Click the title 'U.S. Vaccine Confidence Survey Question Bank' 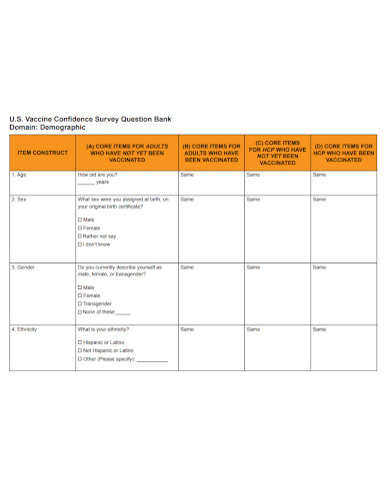(90, 119)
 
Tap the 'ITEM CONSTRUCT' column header (41, 152)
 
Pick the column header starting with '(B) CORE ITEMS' (210, 152)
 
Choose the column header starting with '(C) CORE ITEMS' (277, 152)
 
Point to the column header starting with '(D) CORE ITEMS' (343, 152)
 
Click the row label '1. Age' (19, 175)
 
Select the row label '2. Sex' (19, 200)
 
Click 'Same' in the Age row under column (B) (187, 175)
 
